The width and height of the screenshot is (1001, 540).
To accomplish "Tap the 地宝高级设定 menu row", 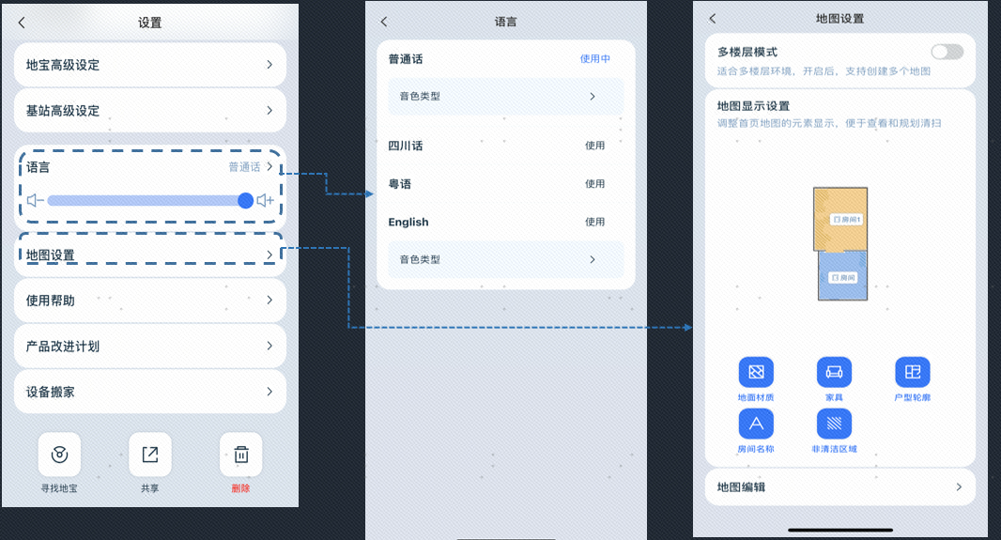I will click(149, 65).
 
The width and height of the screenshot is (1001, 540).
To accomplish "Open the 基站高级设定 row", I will click(149, 111).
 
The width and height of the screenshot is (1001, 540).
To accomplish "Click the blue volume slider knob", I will click(245, 200).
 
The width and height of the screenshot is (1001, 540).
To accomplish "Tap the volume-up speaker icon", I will click(266, 200).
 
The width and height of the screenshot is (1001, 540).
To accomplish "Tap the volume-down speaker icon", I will click(36, 200).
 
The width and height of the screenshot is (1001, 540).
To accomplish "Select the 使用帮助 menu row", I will click(149, 301).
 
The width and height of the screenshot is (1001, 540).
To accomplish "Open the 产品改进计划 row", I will click(149, 347).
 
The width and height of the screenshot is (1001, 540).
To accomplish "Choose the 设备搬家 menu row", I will click(149, 392).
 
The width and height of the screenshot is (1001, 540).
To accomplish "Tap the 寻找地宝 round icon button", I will click(59, 455).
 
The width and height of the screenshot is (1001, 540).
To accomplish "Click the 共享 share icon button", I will click(149, 455).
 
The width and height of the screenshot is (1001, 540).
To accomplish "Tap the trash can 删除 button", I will click(240, 455).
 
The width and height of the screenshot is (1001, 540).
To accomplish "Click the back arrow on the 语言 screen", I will click(384, 22).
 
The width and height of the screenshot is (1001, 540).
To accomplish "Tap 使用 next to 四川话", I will click(594, 146).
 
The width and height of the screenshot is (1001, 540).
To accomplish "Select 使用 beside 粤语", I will click(594, 184).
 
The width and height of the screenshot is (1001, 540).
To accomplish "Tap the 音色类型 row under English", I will click(505, 259).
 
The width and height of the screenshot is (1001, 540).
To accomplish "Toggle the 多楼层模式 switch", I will click(947, 52).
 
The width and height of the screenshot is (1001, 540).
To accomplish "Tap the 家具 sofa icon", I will click(834, 372).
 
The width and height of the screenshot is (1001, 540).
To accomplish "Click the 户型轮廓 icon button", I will click(912, 372).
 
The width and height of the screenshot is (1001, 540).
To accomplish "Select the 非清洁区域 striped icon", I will click(834, 424).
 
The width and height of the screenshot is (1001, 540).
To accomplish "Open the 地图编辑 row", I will click(839, 487).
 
